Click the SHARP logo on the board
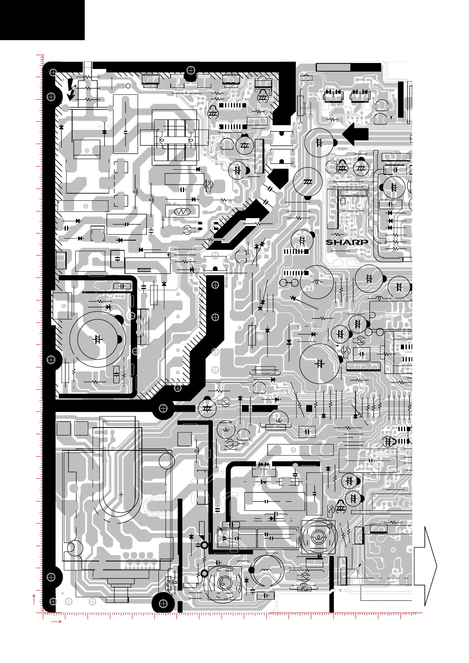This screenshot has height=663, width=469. (x=347, y=242)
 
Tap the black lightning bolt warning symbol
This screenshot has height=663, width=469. (x=71, y=89)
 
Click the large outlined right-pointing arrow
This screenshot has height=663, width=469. (x=426, y=566)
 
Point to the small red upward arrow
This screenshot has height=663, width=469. (x=35, y=600)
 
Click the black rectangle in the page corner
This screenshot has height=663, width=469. (x=42, y=20)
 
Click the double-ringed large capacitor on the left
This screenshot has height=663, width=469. (x=98, y=339)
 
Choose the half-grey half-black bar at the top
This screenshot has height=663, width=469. (x=348, y=67)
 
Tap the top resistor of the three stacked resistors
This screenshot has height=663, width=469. (x=88, y=77)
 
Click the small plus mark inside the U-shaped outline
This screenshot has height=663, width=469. (x=121, y=494)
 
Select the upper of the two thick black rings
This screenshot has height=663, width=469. (x=204, y=545)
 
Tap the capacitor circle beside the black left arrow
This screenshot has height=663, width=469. (x=319, y=143)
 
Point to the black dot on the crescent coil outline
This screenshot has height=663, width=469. (x=252, y=570)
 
